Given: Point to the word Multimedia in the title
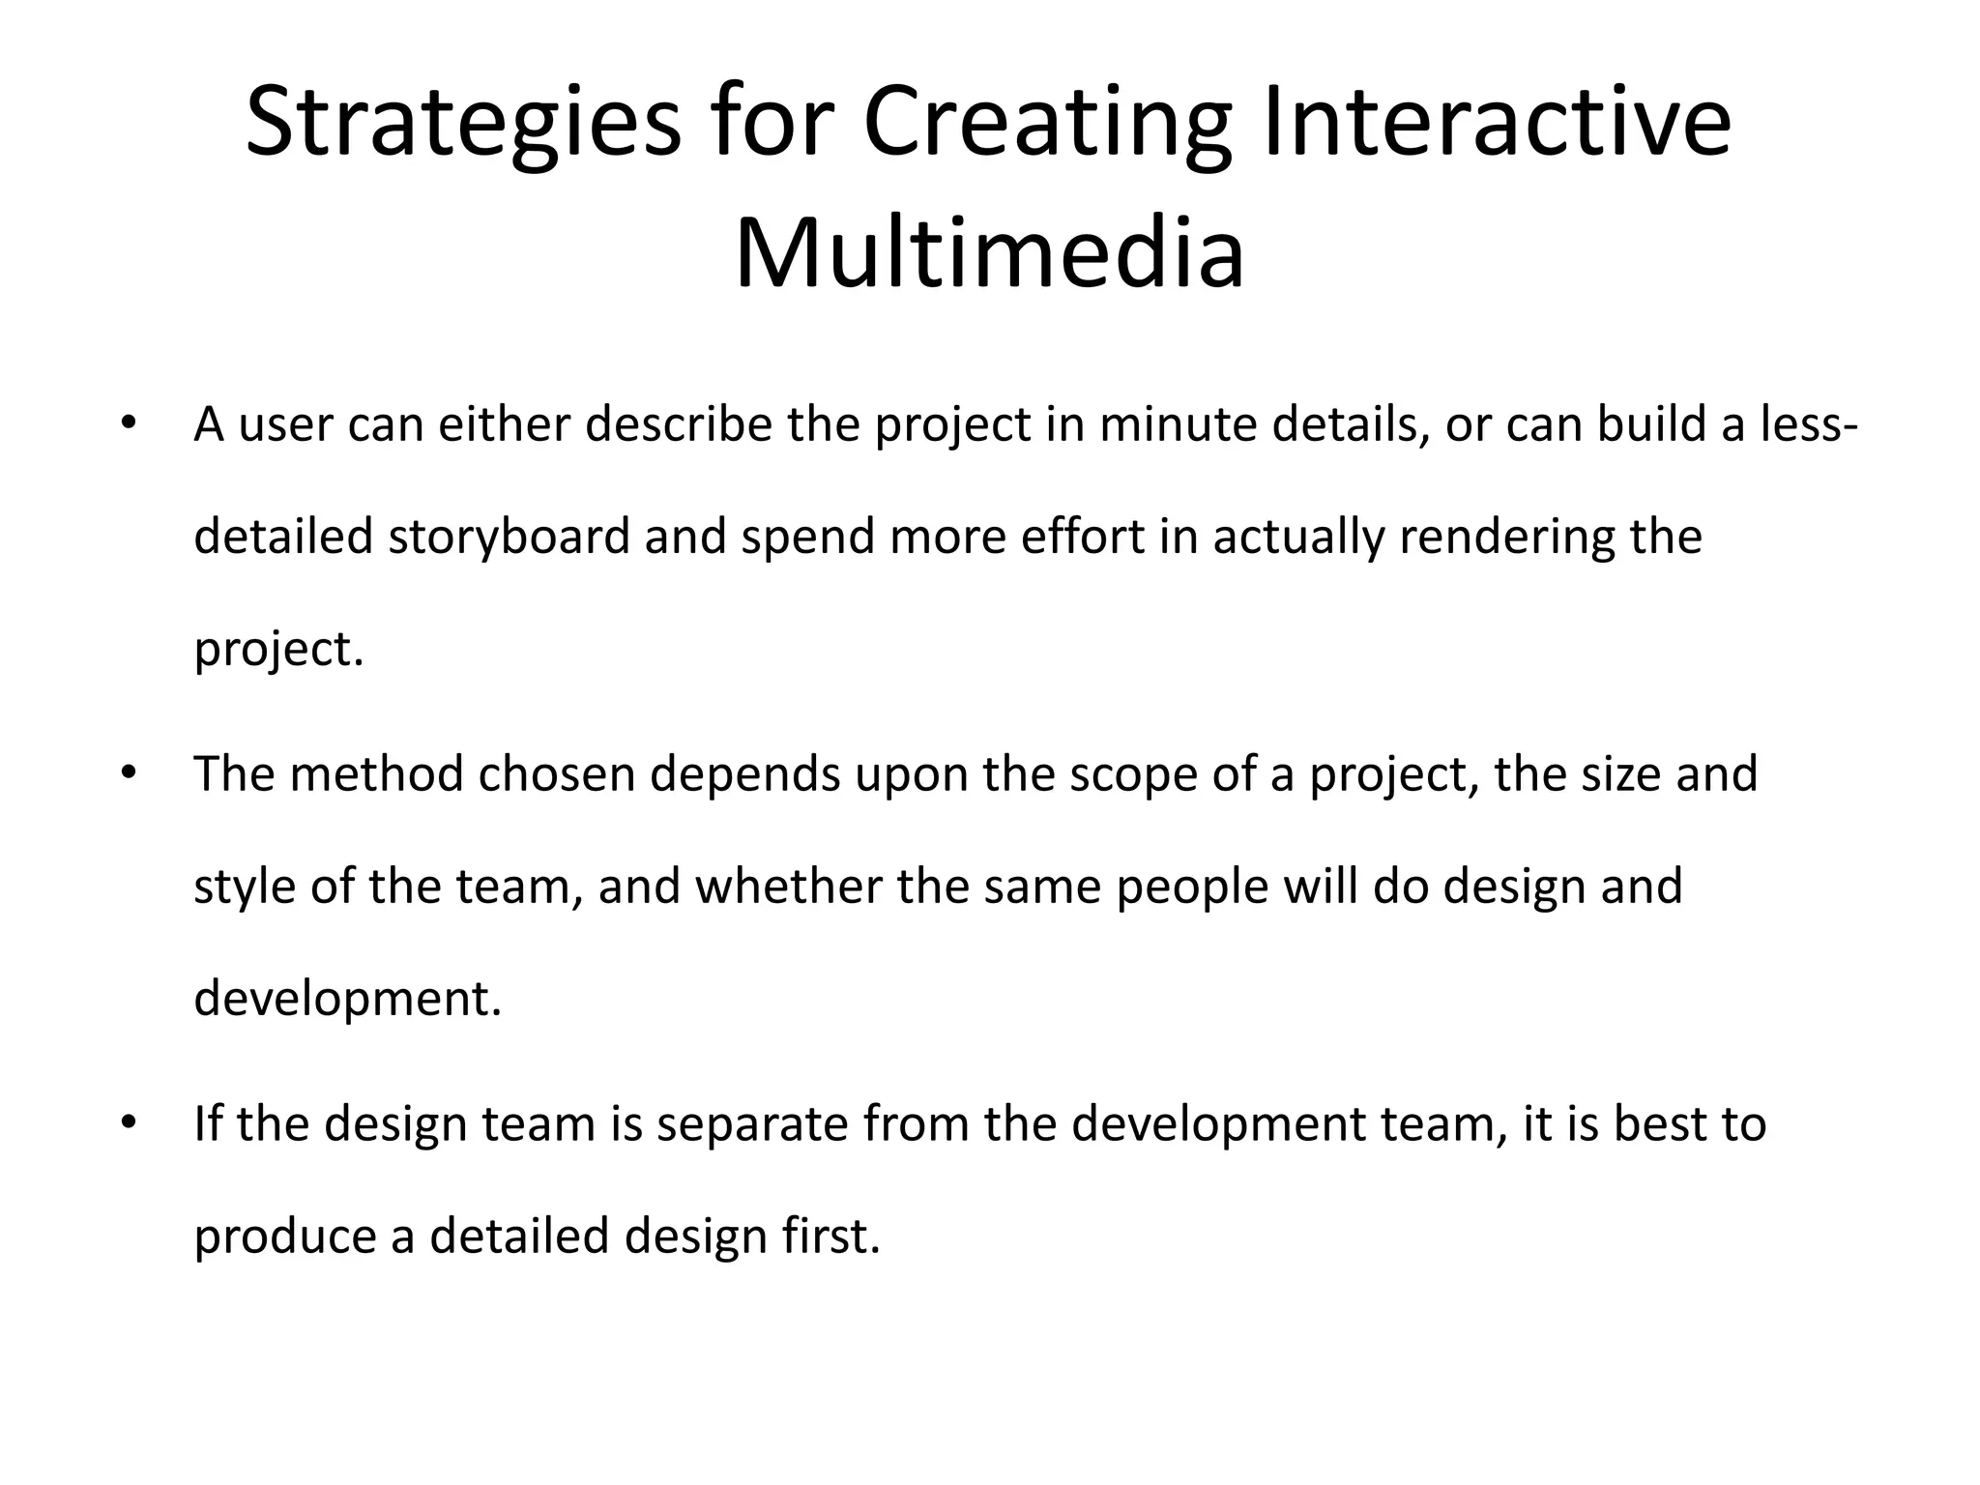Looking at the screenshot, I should click(x=989, y=254).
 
